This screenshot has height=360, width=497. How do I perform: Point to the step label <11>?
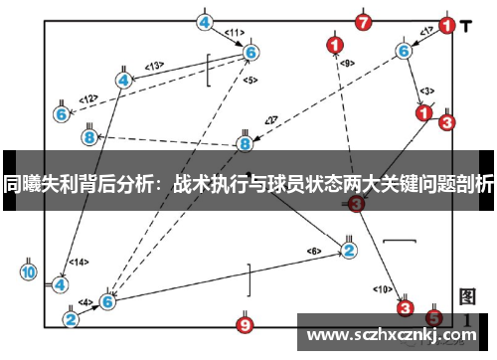pyautogui.click(x=235, y=32)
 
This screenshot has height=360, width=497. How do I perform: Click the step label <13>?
pyautogui.click(x=154, y=66)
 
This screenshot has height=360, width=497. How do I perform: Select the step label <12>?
pyautogui.click(x=88, y=98)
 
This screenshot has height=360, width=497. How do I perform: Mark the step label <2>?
pyautogui.click(x=269, y=120)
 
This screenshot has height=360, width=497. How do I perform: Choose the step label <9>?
pyautogui.click(x=346, y=64)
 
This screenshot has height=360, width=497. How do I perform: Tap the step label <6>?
pyautogui.click(x=314, y=250)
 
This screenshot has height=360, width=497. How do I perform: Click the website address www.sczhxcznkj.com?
pyautogui.click(x=394, y=333)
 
